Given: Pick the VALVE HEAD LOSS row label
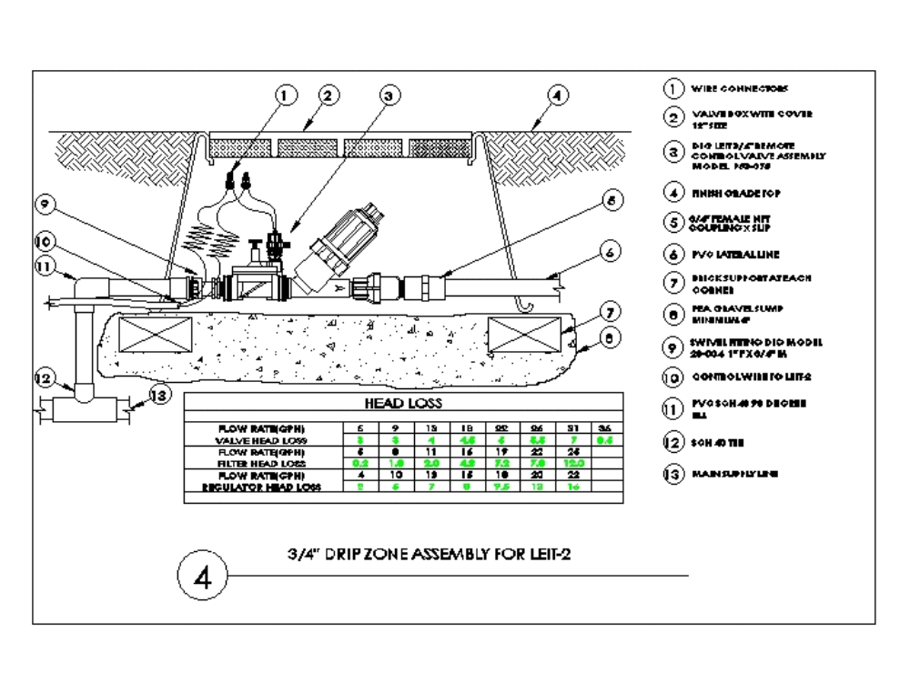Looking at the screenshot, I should tap(262, 440).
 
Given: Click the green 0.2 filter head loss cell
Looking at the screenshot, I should tap(360, 463).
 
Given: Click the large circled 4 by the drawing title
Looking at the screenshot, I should tap(206, 577).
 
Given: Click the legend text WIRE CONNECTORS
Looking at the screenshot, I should tap(739, 89).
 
